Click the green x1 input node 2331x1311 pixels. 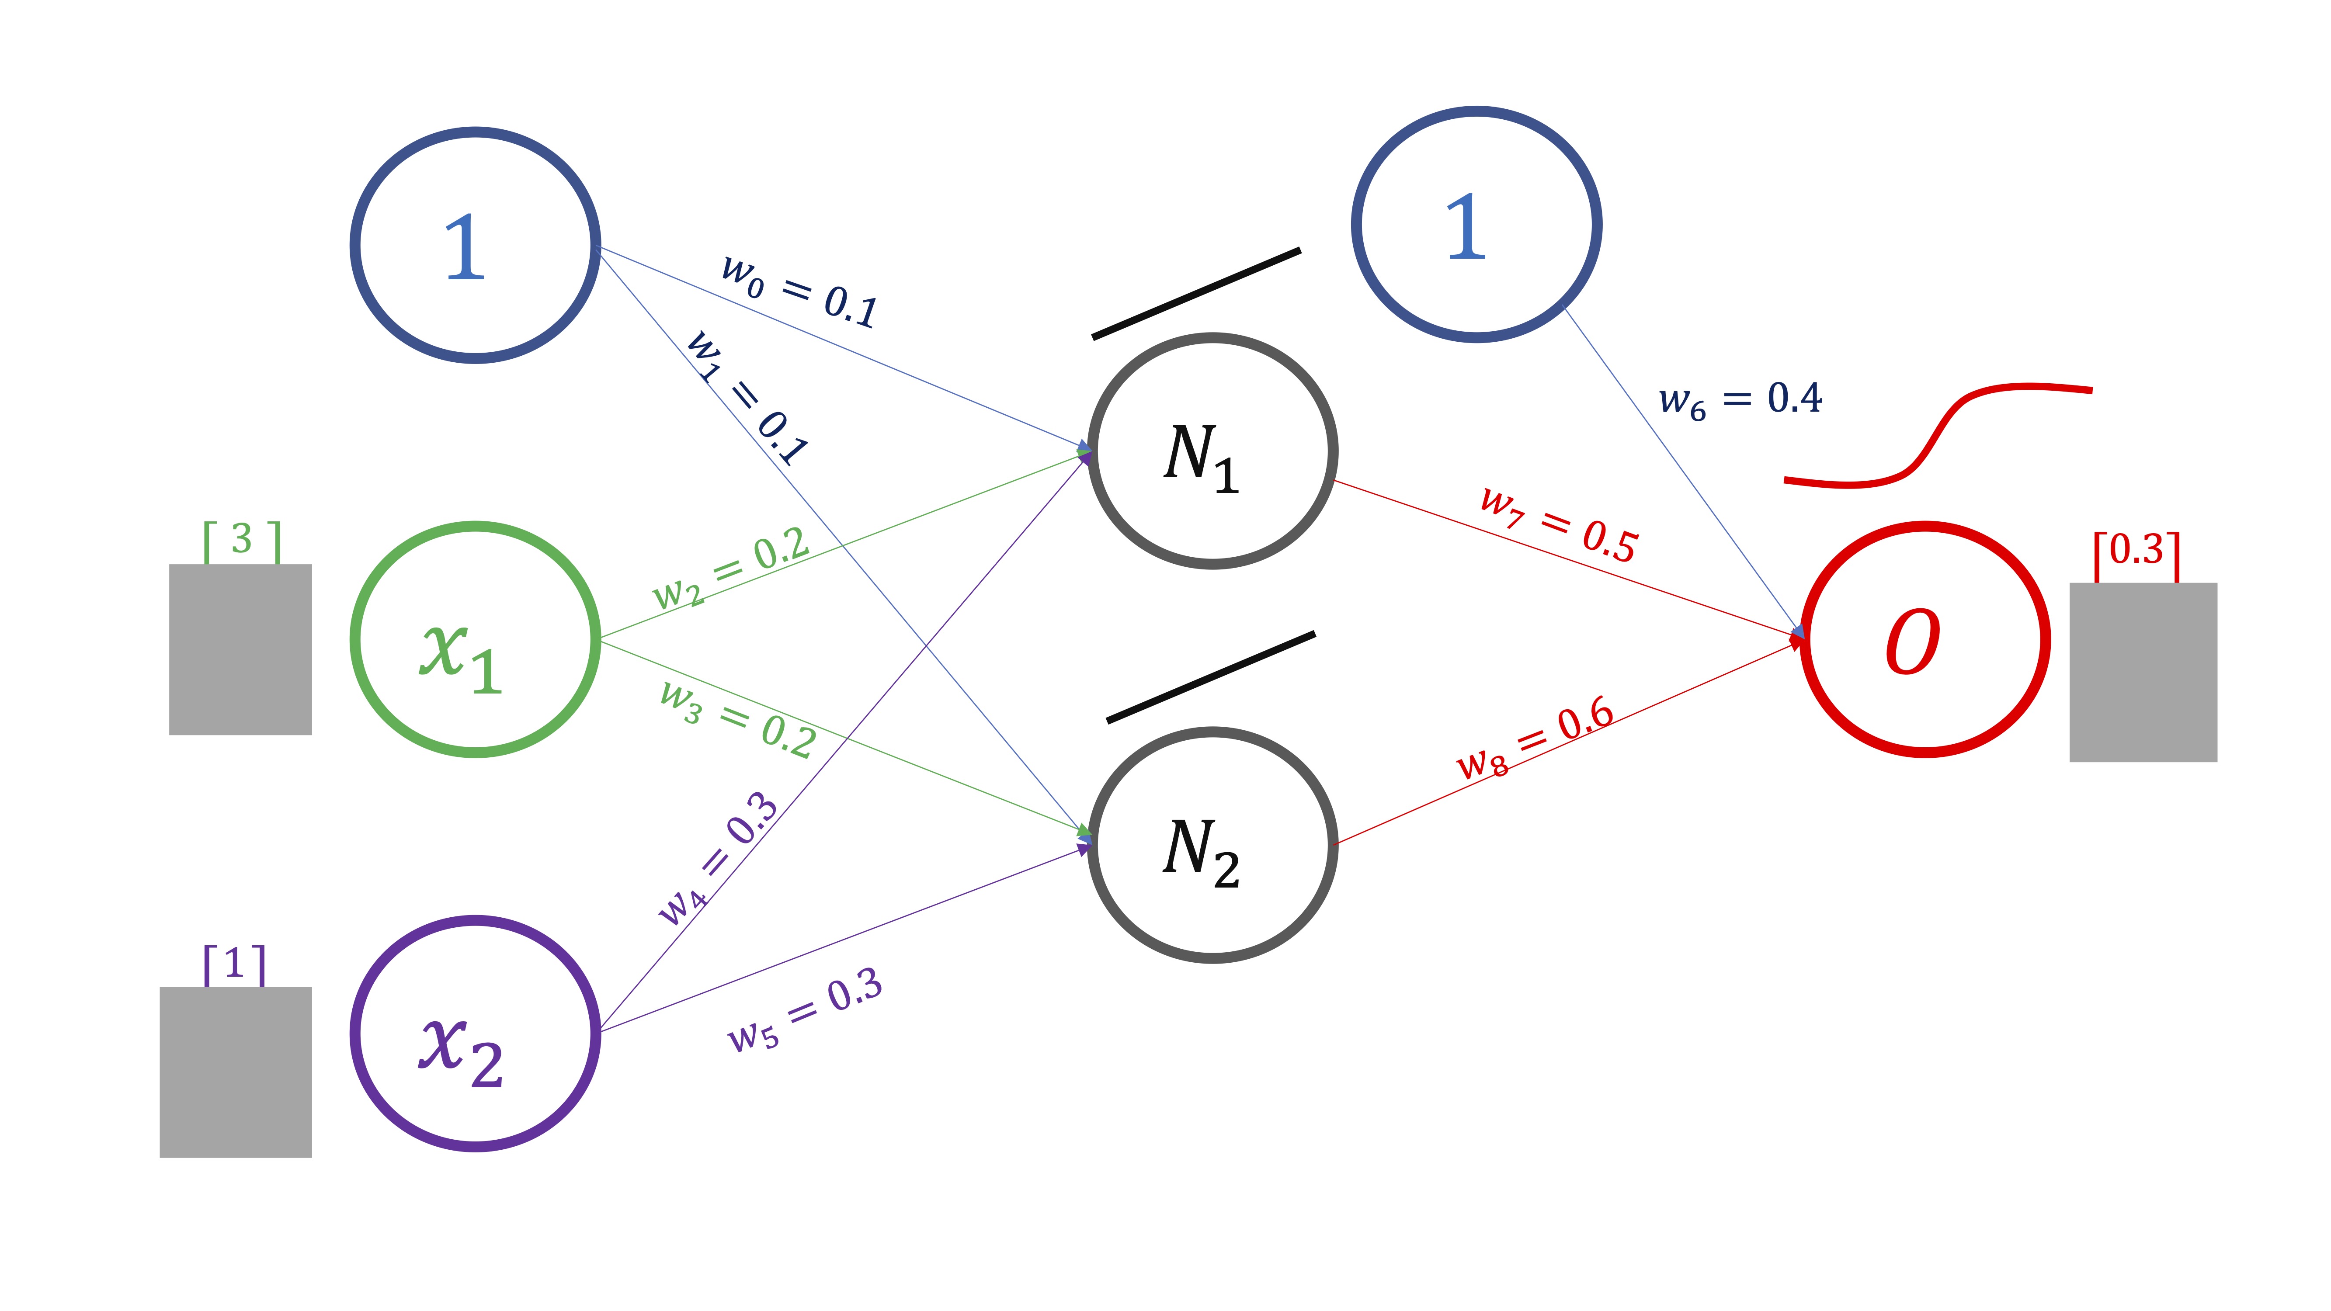(475, 639)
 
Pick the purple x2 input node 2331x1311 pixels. (475, 1033)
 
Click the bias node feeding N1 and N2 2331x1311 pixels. (475, 245)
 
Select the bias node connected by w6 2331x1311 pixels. (1476, 224)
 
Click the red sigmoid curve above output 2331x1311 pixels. (1936, 434)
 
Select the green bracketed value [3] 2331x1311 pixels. (242, 540)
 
